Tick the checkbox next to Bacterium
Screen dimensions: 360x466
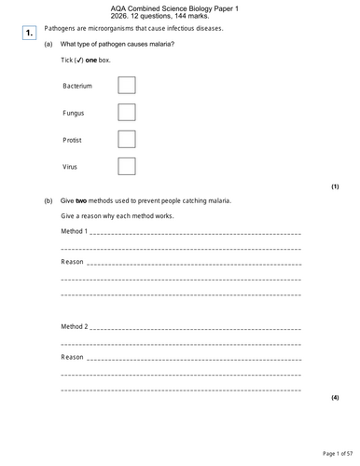[x=127, y=86]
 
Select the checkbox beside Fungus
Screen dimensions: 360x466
[x=127, y=113]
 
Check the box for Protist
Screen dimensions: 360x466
[x=127, y=140]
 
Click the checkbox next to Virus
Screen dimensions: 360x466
[x=127, y=166]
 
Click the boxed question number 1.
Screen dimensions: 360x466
[x=29, y=33]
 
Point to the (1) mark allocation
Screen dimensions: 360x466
[x=335, y=186]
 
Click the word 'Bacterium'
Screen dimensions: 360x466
[x=77, y=86]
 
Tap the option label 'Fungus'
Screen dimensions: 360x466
[x=74, y=113]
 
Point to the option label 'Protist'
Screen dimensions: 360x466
[x=73, y=140]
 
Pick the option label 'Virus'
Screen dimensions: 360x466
[x=71, y=166]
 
